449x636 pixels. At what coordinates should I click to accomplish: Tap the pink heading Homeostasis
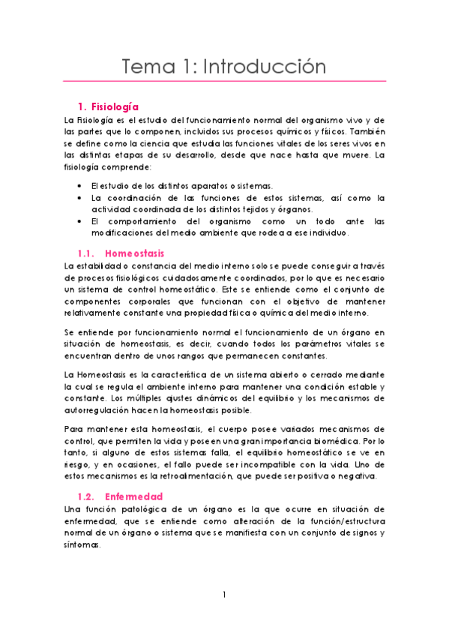(135, 253)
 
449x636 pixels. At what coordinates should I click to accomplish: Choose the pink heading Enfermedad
(134, 496)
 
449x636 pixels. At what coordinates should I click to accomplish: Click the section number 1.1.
(87, 253)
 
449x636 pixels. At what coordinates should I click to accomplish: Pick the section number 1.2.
(87, 496)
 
